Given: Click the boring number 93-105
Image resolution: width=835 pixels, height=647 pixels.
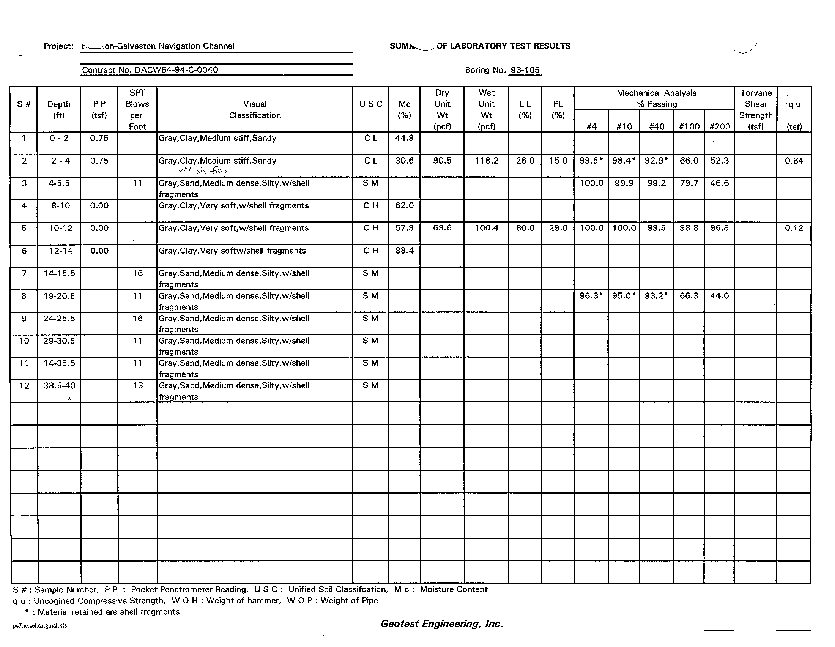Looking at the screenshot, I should click(x=525, y=70).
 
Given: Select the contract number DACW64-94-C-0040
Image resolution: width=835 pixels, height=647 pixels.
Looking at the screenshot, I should click(x=150, y=70).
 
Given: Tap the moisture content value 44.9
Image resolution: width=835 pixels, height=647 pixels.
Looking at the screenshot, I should click(x=404, y=138).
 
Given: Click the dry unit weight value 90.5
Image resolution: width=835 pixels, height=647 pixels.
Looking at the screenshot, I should click(x=442, y=161).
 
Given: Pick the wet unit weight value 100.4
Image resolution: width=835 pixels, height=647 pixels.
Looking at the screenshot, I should click(x=486, y=228).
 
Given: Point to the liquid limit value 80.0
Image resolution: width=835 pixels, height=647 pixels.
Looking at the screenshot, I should click(x=525, y=228).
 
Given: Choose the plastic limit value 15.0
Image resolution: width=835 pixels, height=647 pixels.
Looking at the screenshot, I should click(x=558, y=161).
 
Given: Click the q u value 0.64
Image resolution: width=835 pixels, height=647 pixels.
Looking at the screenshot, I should click(x=794, y=161).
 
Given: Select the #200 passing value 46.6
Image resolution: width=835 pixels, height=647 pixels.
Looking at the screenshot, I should click(x=719, y=183).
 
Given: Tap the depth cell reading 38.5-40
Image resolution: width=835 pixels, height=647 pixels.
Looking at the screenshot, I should click(x=59, y=385).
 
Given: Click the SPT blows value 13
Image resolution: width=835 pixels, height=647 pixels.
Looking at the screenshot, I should click(x=138, y=385).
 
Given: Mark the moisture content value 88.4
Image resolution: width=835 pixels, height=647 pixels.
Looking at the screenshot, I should click(x=404, y=251).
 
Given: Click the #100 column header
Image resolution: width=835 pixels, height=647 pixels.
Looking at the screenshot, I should click(x=689, y=126).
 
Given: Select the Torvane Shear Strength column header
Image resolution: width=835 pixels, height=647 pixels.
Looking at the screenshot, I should click(x=755, y=109).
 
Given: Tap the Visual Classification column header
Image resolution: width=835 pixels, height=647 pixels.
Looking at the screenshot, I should click(x=255, y=109).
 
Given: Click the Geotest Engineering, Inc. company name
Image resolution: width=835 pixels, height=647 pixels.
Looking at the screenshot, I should click(x=441, y=624).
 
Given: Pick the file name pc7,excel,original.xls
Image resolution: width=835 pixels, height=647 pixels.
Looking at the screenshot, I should click(x=39, y=626).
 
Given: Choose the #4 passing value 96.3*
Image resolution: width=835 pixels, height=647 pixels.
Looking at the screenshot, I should click(x=591, y=296).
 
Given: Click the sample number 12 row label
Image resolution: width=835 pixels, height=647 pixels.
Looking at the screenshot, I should click(x=24, y=385).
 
